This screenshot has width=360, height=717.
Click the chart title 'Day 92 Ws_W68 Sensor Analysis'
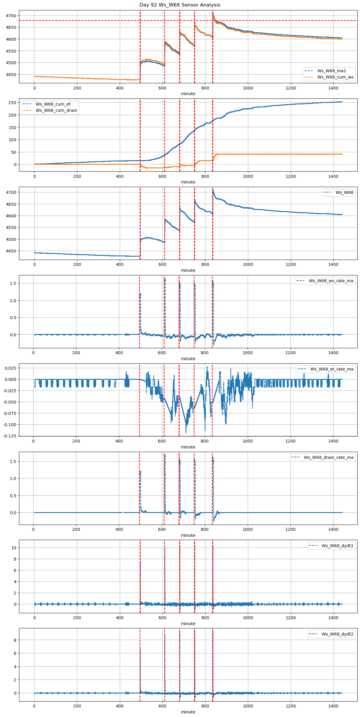(x=180, y=5)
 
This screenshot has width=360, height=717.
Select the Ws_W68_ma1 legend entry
(x=331, y=71)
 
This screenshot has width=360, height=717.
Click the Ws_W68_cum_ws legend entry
(x=335, y=77)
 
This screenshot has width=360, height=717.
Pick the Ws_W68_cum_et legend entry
(x=53, y=104)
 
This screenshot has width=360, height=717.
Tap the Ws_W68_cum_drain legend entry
(x=56, y=110)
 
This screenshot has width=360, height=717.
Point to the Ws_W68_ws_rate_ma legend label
(x=331, y=281)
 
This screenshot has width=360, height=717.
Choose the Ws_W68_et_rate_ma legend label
(x=332, y=369)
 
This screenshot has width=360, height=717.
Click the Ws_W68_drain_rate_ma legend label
(x=328, y=457)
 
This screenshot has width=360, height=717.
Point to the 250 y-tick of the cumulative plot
(x=12, y=103)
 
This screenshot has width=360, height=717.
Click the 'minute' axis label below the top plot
(x=188, y=94)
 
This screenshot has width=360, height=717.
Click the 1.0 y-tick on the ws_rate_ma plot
(x=12, y=301)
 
